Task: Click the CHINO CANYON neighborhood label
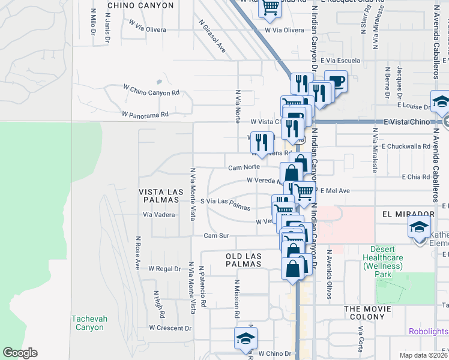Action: (140, 5)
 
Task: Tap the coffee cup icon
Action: (336, 81)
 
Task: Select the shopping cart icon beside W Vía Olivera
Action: (271, 8)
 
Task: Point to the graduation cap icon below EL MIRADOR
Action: (419, 227)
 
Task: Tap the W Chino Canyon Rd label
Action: (151, 92)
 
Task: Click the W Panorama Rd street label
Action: (145, 113)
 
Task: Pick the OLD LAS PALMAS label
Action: (244, 260)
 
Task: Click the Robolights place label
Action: (428, 331)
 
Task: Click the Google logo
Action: (20, 353)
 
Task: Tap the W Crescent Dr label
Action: (170, 328)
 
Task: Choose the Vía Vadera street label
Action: (159, 215)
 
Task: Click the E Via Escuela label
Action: (340, 61)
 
